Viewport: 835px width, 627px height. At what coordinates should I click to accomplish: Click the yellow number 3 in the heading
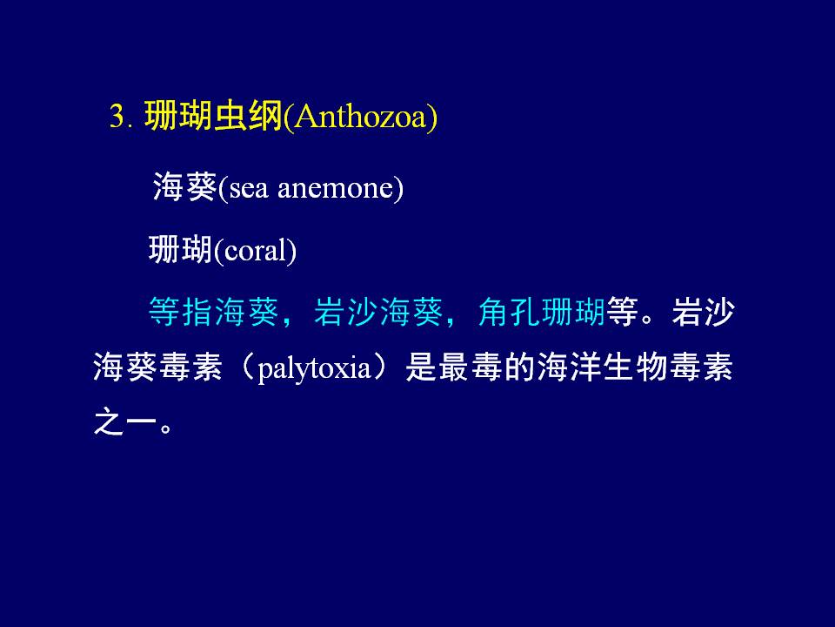117,115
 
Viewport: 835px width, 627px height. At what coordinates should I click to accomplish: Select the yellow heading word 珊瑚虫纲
214,115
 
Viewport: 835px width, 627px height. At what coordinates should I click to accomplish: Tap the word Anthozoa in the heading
360,115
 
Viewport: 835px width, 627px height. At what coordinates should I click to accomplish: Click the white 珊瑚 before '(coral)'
181,250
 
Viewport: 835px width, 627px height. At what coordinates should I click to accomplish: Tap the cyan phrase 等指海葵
214,312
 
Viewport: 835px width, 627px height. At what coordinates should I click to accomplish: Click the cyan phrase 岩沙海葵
378,312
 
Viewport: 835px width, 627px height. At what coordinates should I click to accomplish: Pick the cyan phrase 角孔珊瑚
542,312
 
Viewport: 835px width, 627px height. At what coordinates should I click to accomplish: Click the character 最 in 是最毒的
454,367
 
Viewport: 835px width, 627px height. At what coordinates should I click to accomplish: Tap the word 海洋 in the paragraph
569,367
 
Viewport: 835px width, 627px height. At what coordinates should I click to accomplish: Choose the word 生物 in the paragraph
635,367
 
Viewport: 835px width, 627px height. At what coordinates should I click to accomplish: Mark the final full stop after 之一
166,428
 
